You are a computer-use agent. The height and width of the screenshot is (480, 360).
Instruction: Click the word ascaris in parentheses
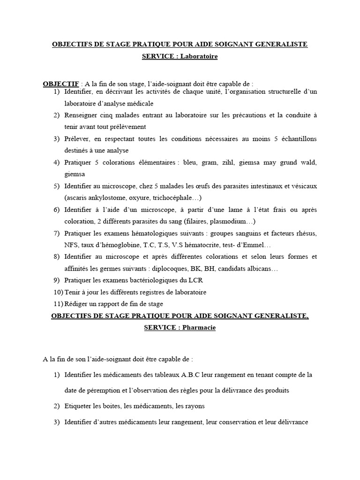point(76,198)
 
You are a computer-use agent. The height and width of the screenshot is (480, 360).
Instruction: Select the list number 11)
point(58,304)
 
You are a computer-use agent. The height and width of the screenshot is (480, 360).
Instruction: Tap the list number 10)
point(58,292)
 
